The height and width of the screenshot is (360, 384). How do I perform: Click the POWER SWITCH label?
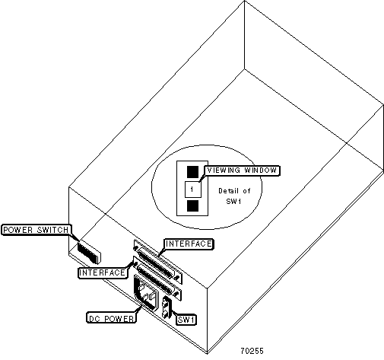tap(36, 230)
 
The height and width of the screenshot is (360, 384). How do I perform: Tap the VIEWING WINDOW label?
tap(242, 170)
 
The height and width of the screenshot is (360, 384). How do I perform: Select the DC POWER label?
tap(111, 318)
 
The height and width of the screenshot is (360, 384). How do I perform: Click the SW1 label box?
tap(186, 320)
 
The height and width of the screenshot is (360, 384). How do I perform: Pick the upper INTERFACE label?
tap(189, 244)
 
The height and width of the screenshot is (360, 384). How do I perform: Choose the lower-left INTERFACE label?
tap(103, 273)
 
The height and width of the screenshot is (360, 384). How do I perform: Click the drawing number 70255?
tap(252, 351)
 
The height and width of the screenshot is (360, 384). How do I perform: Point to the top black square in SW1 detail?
tap(192, 172)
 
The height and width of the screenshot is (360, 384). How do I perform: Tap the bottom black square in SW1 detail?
tap(192, 205)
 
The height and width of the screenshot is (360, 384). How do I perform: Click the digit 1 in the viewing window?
tap(192, 190)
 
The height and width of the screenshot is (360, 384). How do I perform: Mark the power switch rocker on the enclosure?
tap(89, 252)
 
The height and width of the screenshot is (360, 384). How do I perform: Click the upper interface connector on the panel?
tap(158, 262)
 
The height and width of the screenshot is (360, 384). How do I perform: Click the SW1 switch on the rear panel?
tap(167, 307)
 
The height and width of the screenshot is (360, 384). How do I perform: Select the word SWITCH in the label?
tap(53, 230)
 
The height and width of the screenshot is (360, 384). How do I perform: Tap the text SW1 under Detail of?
tap(233, 202)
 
